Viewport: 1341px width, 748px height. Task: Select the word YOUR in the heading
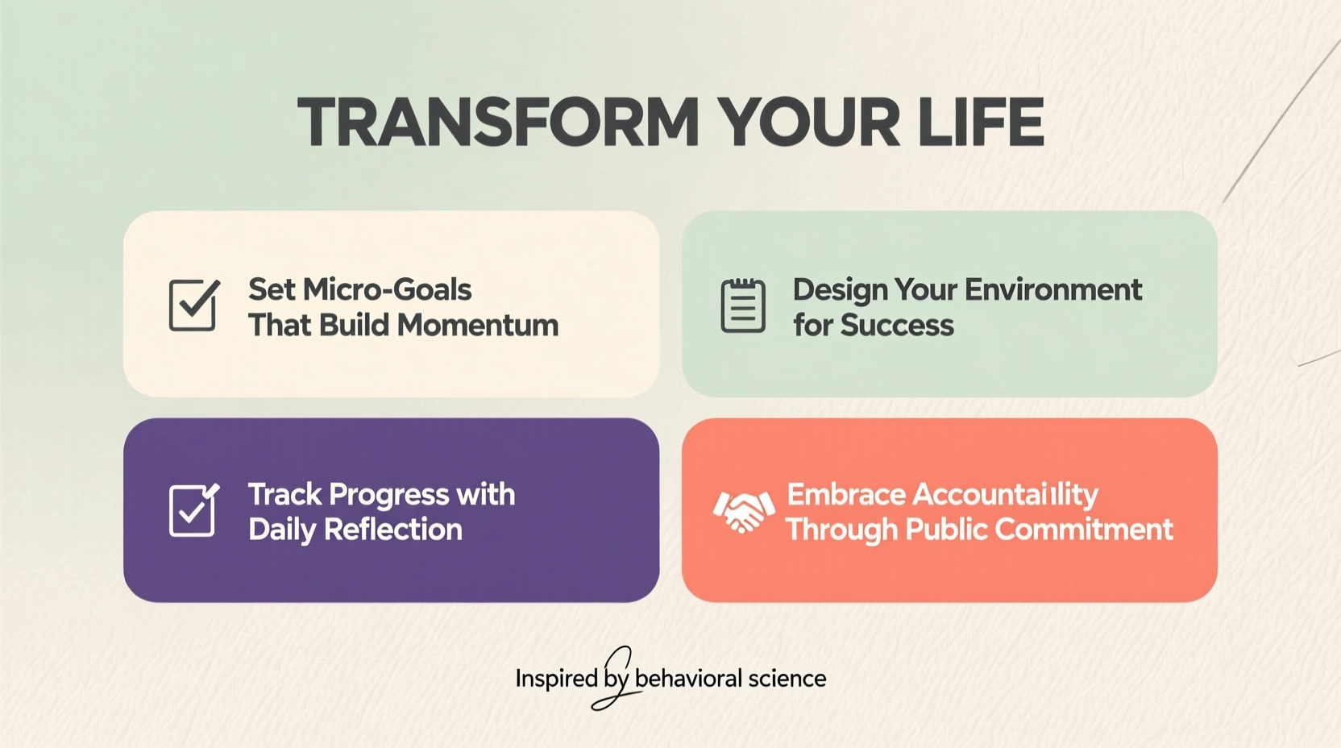click(808, 123)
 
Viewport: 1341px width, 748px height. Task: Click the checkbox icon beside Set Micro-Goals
click(193, 305)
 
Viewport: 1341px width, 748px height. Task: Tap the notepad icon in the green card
click(742, 305)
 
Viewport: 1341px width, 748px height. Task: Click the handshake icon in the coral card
click(743, 511)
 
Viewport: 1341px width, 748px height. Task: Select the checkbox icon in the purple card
click(193, 509)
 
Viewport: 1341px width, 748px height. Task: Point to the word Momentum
click(478, 325)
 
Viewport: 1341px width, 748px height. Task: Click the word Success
click(897, 326)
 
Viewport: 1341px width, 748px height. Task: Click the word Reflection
click(392, 530)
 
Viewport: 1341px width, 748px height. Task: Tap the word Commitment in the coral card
click(1084, 530)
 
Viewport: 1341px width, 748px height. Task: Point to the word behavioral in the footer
click(688, 679)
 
